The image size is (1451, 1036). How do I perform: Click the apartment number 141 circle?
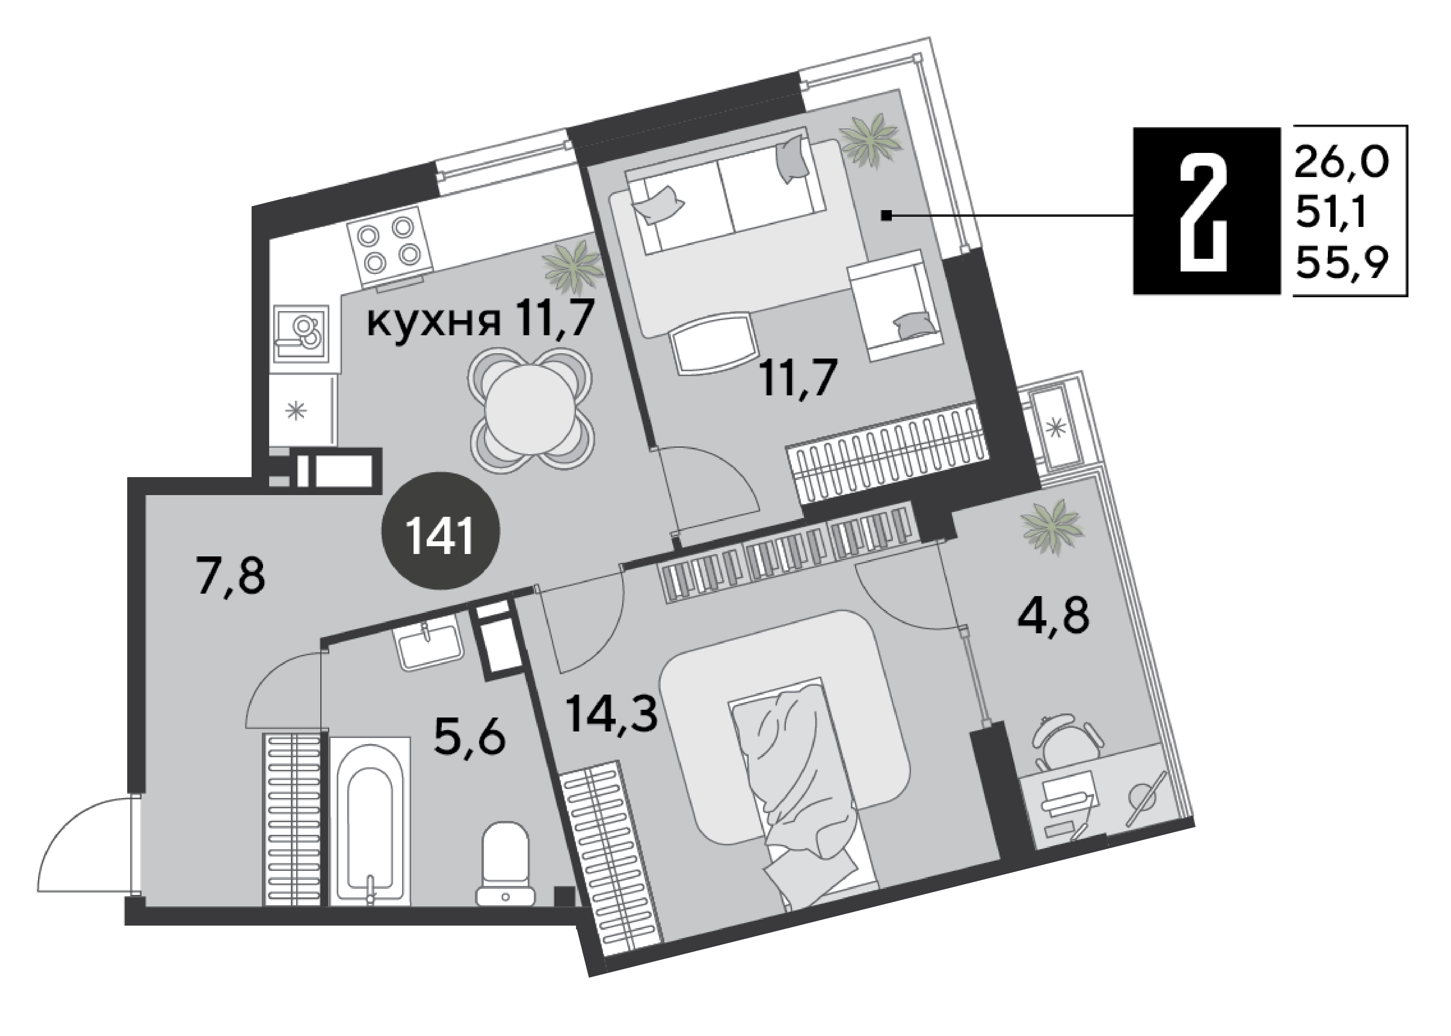tap(441, 531)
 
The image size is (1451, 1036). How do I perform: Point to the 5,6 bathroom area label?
tap(469, 736)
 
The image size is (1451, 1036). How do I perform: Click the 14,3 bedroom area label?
tap(612, 713)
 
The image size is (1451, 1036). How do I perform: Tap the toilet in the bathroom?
tap(505, 864)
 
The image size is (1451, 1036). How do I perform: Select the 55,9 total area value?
tap(1342, 263)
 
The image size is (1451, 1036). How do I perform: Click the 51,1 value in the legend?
tap(1331, 213)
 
